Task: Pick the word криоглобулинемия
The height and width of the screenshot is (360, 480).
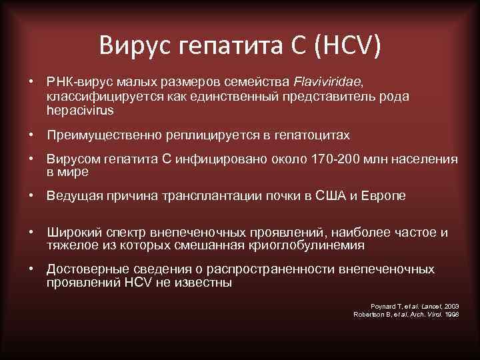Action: click(x=310, y=245)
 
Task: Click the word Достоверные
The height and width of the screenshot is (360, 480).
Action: click(x=86, y=269)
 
